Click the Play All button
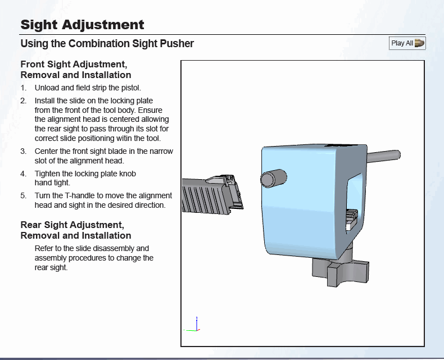[407, 43]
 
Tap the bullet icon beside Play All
[419, 43]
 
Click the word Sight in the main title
[39, 25]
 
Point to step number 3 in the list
[23, 152]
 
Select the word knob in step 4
[128, 174]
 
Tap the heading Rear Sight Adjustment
[72, 225]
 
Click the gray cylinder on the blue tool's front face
[274, 179]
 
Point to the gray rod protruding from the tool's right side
[384, 156]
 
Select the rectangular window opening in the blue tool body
[354, 204]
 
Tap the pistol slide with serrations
[212, 195]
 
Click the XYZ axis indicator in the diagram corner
[192, 325]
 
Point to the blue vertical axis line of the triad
[197, 323]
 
